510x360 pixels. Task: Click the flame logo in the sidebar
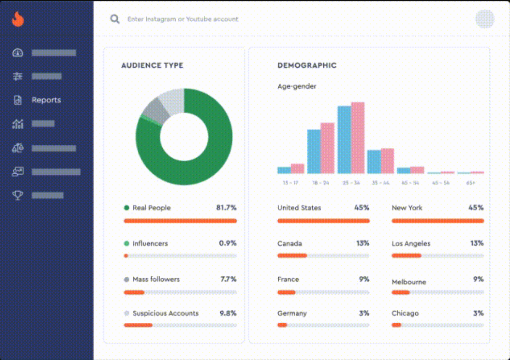click(17, 19)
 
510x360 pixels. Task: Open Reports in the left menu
click(46, 100)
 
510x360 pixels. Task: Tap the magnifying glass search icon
click(115, 19)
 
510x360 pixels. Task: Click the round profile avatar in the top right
click(484, 19)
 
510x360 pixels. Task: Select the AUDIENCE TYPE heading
click(152, 65)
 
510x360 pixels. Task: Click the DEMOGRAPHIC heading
click(307, 65)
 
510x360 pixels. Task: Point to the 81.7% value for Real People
click(226, 208)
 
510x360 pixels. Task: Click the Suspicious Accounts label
click(166, 314)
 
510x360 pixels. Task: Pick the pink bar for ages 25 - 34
click(358, 137)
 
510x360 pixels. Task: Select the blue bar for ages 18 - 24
click(314, 151)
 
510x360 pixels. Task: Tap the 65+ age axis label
click(470, 183)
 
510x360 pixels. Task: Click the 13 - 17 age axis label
click(291, 183)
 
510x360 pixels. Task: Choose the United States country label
click(299, 208)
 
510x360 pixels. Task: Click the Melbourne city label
click(409, 282)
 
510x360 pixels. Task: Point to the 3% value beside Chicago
click(478, 313)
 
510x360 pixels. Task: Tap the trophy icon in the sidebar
click(17, 195)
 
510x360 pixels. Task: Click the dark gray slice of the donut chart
click(151, 110)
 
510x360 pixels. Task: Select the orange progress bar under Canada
click(292, 256)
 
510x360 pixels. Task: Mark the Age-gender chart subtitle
click(297, 86)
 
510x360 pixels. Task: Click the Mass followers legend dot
click(126, 280)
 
